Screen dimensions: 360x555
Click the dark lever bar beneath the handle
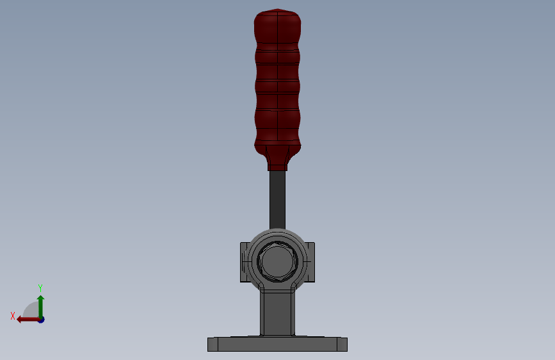(x=277, y=199)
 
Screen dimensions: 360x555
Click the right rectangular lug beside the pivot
(x=310, y=262)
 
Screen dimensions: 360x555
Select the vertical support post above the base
(x=277, y=313)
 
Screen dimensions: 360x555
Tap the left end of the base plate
(x=213, y=345)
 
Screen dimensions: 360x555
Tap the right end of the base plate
(x=342, y=345)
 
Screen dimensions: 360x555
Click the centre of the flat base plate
(x=277, y=345)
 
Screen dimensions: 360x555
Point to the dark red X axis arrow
(x=28, y=318)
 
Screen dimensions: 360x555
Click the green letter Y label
(x=40, y=288)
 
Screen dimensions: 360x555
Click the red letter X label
(x=12, y=316)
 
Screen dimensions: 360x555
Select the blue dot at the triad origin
(x=41, y=319)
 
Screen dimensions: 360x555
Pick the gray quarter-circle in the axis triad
(x=31, y=310)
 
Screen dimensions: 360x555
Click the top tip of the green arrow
(x=40, y=297)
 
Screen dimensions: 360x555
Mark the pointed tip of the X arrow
(x=18, y=318)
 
